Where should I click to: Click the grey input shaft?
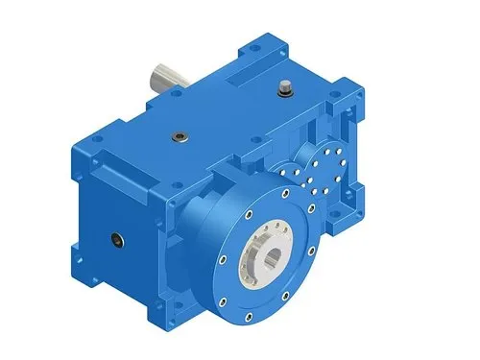[164, 78]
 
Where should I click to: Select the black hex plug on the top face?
[179, 135]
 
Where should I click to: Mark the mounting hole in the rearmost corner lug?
[256, 43]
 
